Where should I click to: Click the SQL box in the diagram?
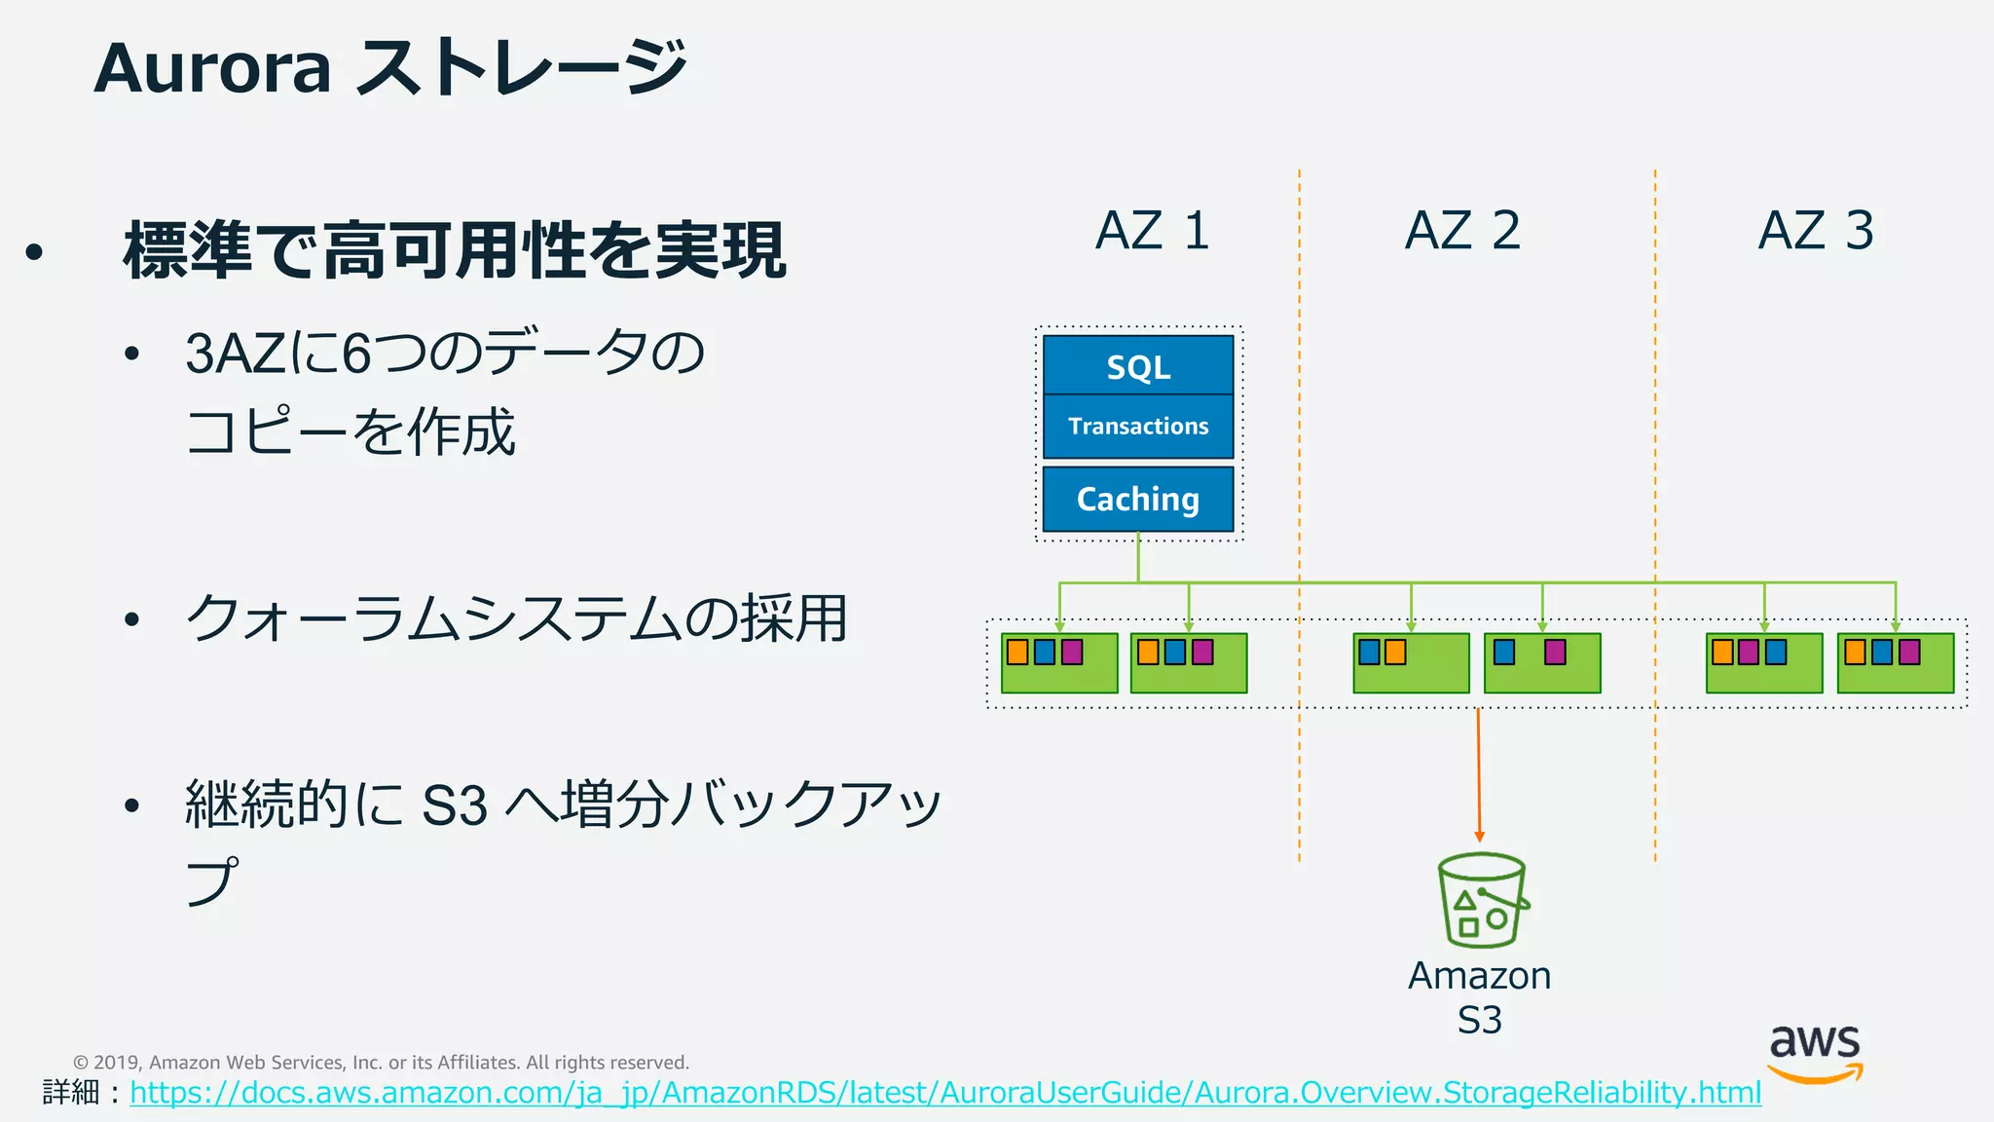click(1138, 366)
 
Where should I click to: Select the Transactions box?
click(1138, 427)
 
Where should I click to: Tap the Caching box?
click(1138, 499)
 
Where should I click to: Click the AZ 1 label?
click(1152, 231)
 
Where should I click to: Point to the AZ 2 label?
click(1462, 231)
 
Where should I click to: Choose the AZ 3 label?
click(1816, 231)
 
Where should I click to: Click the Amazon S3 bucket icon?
click(1481, 901)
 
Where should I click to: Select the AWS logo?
click(1815, 1053)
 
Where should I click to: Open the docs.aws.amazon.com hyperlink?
click(944, 1093)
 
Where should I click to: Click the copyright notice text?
click(381, 1063)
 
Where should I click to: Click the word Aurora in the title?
click(213, 68)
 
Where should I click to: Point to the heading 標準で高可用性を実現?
click(455, 251)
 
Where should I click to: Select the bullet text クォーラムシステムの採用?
click(516, 618)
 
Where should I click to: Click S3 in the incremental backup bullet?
click(454, 805)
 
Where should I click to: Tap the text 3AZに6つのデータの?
click(445, 353)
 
